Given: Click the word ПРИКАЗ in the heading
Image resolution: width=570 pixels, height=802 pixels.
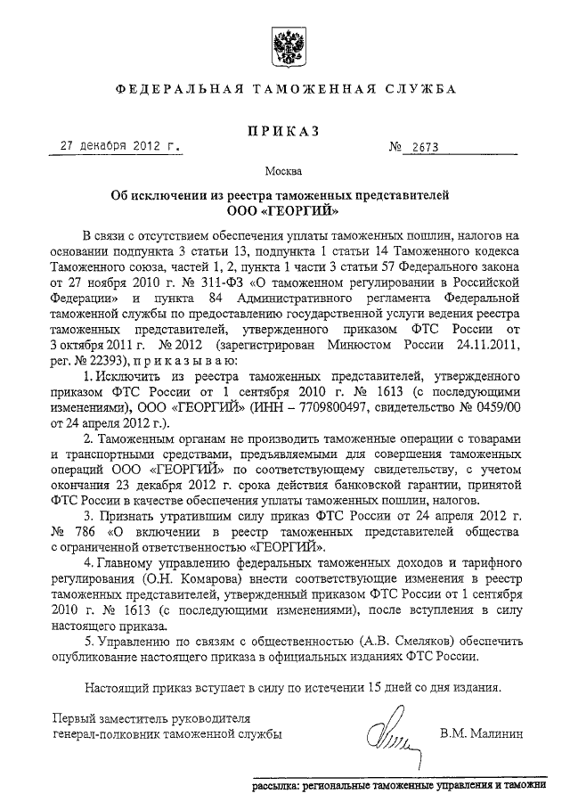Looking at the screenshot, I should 284,133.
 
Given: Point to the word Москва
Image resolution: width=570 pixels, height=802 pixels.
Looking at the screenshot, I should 284,170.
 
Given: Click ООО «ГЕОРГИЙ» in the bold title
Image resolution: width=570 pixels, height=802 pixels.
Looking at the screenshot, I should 284,212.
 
